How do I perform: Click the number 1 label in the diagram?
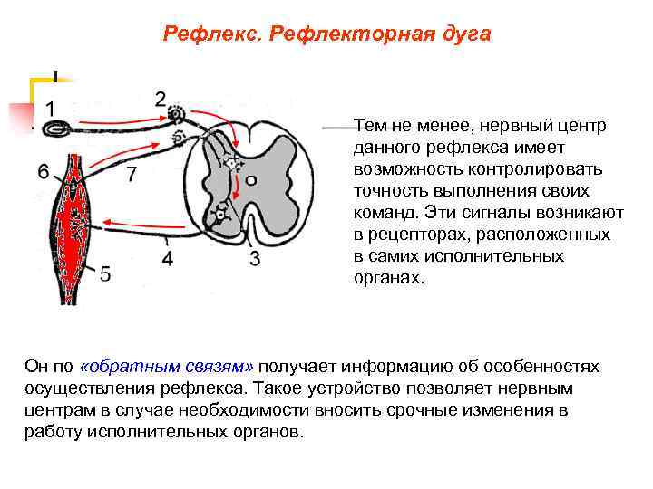click(x=55, y=107)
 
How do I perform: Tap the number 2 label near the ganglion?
click(x=161, y=98)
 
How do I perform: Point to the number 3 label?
click(x=255, y=259)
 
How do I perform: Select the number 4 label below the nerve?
click(x=168, y=259)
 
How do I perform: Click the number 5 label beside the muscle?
click(x=105, y=272)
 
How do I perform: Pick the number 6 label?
click(x=44, y=172)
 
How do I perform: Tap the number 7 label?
click(x=132, y=173)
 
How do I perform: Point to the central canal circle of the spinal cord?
click(x=251, y=180)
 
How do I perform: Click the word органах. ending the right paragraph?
click(x=388, y=277)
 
